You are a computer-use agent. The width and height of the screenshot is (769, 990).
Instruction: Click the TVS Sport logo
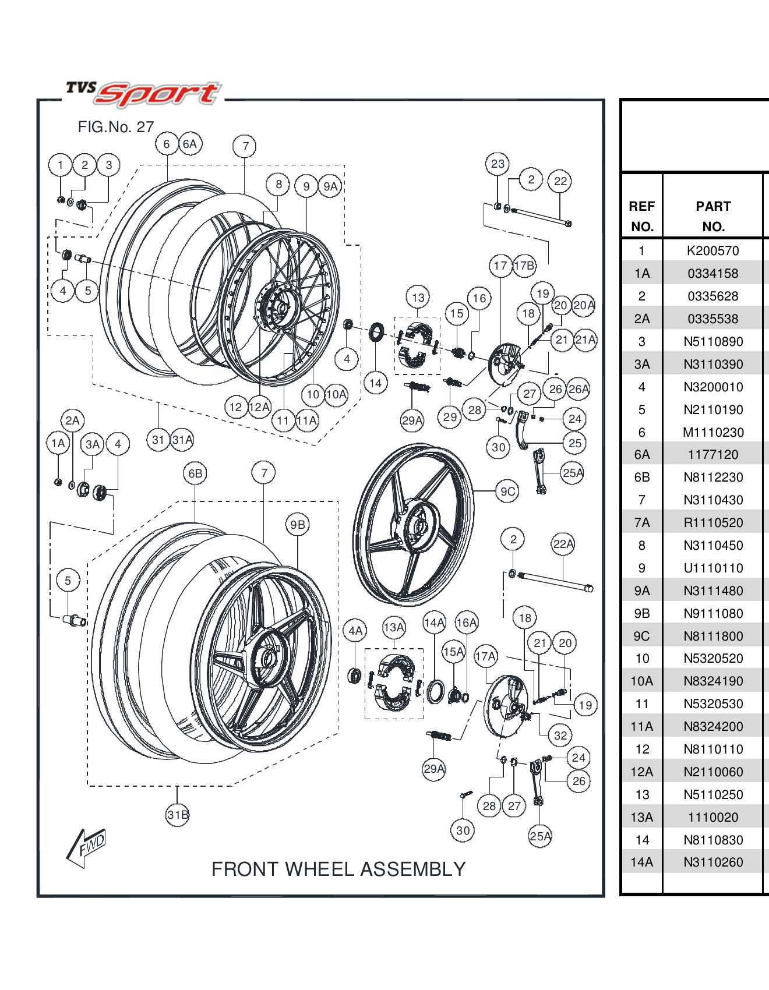(x=143, y=93)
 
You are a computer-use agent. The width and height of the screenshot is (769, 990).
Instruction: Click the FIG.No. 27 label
(x=116, y=127)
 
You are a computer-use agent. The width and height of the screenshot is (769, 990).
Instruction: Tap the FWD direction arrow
(x=87, y=847)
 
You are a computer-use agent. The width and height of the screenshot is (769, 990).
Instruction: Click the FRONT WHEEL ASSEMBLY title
(x=338, y=869)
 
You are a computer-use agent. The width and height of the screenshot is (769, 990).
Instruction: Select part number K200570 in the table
(x=712, y=250)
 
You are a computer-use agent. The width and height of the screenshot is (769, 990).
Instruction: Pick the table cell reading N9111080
(x=712, y=613)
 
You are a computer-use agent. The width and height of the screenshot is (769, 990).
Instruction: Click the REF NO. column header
(x=641, y=216)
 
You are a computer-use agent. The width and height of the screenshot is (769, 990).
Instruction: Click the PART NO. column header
(x=712, y=216)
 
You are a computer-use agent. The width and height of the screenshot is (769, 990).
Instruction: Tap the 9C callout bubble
(x=507, y=492)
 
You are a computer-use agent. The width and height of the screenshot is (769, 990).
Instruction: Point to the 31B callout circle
(x=178, y=814)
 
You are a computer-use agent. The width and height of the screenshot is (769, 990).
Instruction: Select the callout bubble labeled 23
(x=498, y=164)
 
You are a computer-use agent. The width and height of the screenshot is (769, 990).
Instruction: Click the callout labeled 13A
(x=394, y=627)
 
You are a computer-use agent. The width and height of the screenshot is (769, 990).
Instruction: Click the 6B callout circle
(x=195, y=473)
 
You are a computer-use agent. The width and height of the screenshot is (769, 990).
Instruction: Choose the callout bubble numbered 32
(x=560, y=736)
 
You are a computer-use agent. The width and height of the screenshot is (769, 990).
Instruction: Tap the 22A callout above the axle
(x=563, y=544)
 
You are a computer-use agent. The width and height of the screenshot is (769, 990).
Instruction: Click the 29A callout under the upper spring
(x=412, y=420)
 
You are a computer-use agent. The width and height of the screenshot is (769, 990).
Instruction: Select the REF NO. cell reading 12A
(x=641, y=772)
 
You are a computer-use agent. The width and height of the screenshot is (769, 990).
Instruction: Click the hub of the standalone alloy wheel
(x=417, y=526)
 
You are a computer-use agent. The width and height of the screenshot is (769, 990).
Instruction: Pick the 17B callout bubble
(x=524, y=266)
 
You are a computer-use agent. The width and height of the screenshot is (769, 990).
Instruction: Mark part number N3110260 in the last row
(x=712, y=862)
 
